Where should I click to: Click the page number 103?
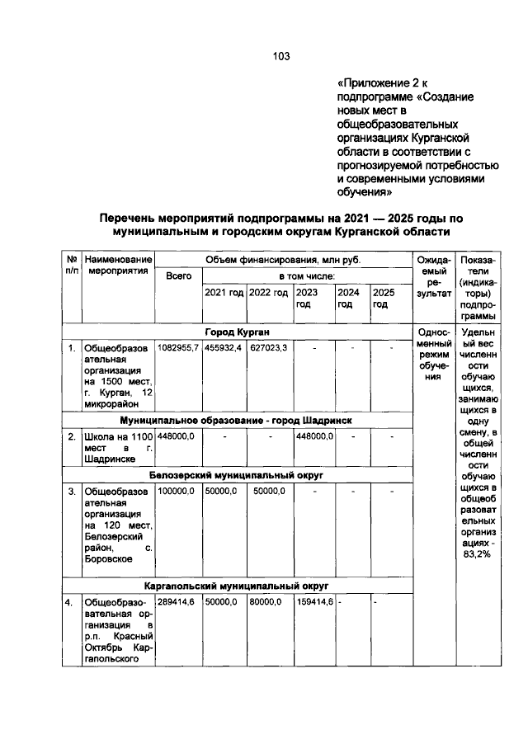[281, 56]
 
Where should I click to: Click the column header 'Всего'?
[178, 276]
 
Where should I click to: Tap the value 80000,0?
[266, 603]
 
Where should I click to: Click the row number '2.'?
[72, 436]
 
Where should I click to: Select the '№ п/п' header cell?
[71, 266]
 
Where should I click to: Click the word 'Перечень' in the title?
[131, 218]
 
